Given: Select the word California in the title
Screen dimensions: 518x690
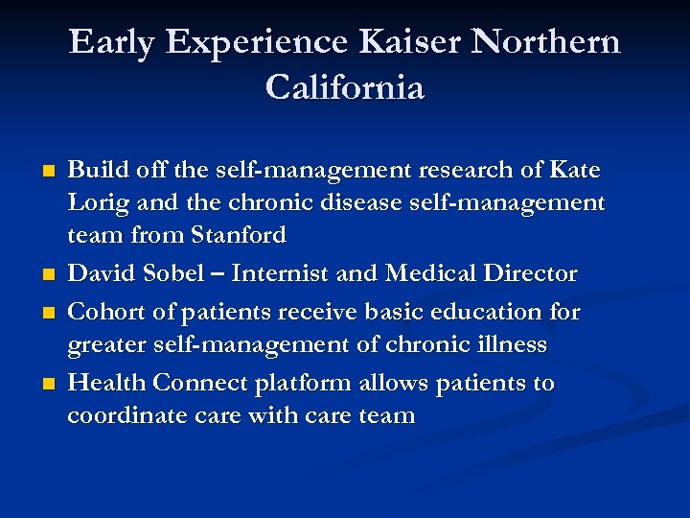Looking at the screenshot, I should pyautogui.click(x=345, y=88).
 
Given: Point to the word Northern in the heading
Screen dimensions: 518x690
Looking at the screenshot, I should pyautogui.click(x=546, y=42).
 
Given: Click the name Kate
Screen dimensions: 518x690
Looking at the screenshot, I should pyautogui.click(x=575, y=171).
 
